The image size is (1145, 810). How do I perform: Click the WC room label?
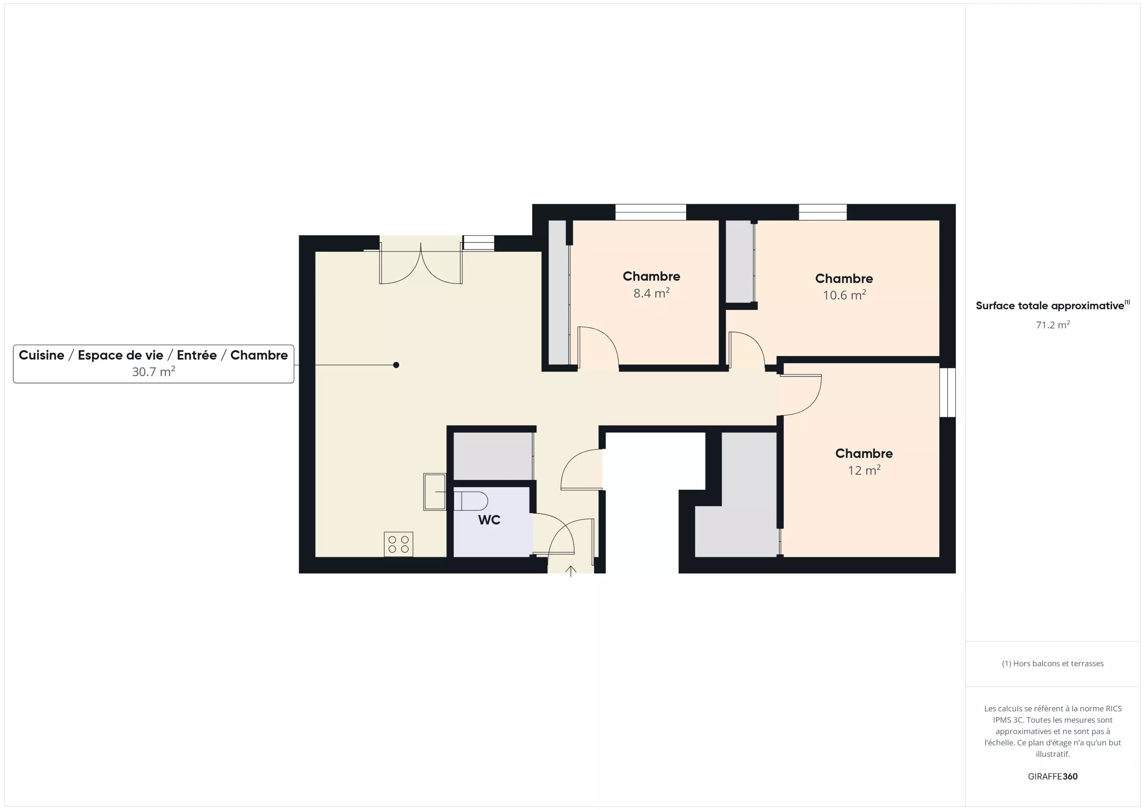click(489, 520)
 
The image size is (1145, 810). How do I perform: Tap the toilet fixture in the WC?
click(470, 501)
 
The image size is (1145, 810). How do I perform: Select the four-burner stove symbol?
click(399, 544)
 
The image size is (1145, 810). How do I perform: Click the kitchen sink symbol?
click(434, 492)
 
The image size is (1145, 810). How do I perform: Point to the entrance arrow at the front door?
click(571, 571)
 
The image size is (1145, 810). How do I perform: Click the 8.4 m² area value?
click(651, 293)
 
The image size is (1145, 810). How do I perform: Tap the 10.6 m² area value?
click(844, 295)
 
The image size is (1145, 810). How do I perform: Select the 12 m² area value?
click(864, 471)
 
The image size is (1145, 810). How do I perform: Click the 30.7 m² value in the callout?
click(153, 372)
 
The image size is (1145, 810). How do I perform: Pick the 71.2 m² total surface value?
click(1052, 325)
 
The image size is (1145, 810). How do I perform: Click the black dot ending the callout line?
click(396, 365)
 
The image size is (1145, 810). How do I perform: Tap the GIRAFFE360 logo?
click(1052, 776)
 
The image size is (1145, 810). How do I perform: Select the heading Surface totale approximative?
click(1050, 306)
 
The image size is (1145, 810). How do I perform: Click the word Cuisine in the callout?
click(42, 355)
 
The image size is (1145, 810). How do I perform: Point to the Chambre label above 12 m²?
click(864, 454)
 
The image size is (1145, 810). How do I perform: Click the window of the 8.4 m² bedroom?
click(650, 212)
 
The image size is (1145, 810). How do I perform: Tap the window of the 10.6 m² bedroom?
click(823, 212)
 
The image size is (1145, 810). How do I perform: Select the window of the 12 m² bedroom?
click(947, 393)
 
